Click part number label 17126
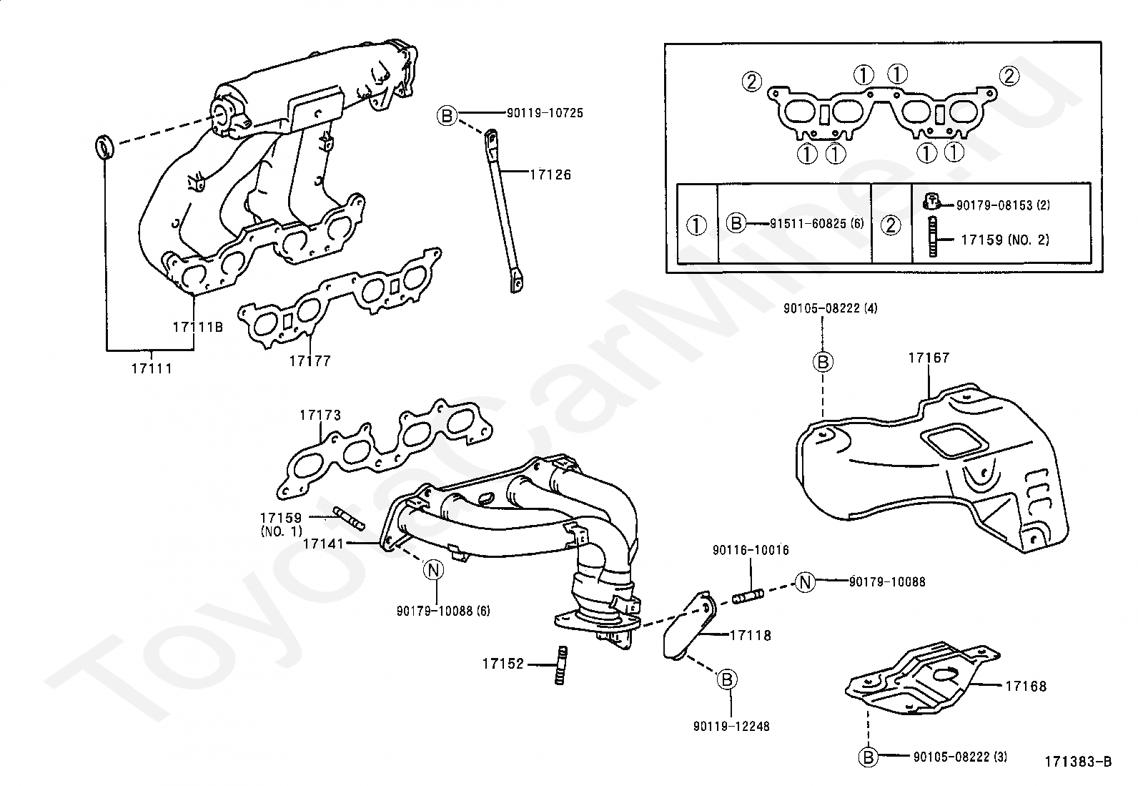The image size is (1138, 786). (x=550, y=174)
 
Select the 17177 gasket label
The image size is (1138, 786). (x=310, y=360)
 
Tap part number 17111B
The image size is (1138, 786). (x=198, y=327)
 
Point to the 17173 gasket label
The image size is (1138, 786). (x=320, y=415)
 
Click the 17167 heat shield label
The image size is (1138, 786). (x=929, y=358)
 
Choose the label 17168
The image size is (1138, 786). (x=1025, y=686)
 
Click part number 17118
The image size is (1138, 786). (x=751, y=634)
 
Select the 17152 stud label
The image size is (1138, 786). (x=503, y=664)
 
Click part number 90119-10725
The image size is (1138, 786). (x=545, y=113)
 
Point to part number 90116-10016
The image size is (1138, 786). (x=751, y=550)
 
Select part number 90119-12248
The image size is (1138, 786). (x=731, y=726)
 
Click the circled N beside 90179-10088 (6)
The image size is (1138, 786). (x=433, y=570)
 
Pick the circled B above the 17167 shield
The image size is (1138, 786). (x=823, y=362)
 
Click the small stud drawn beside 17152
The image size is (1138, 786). (x=561, y=665)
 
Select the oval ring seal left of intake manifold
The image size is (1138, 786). (x=104, y=147)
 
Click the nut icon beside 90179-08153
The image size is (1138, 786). (x=931, y=202)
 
